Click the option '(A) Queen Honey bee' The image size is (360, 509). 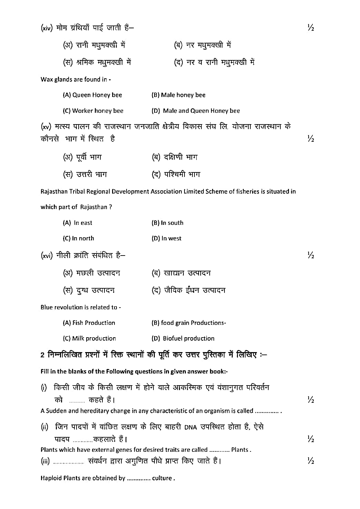point(92,95)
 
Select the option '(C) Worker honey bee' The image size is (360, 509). point(93,111)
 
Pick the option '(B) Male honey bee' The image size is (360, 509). point(178,95)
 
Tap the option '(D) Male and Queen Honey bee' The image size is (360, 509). point(196,111)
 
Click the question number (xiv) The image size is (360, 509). point(47,28)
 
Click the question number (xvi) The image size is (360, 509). point(47,256)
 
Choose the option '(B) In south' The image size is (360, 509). point(167,223)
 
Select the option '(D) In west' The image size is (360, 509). point(166,238)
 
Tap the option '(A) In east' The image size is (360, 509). point(77,223)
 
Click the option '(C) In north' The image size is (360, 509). point(78,238)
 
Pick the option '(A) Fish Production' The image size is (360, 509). point(89,323)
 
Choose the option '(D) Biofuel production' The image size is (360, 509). point(183,338)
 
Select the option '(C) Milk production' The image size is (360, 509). point(89,338)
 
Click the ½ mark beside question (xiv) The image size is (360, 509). point(310,28)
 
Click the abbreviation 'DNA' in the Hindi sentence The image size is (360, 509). point(190,428)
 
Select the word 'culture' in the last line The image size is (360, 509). point(162,478)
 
